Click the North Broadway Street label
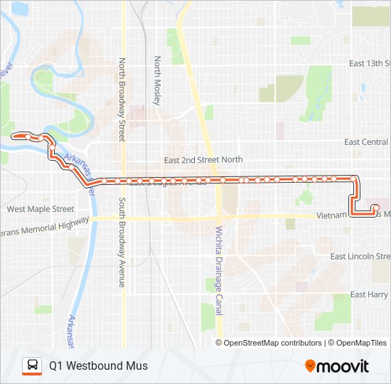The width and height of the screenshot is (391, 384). tap(122, 100)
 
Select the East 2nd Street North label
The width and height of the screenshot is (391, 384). tap(203, 160)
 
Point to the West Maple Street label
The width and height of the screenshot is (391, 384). tap(40, 209)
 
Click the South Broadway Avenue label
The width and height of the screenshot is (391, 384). tap(122, 242)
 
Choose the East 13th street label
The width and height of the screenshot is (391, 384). tap(369, 63)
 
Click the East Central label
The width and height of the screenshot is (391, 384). tap(367, 142)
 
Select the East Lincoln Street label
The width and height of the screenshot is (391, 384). tap(361, 256)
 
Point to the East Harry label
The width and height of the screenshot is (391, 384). tap(369, 294)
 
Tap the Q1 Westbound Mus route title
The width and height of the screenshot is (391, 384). tap(98, 366)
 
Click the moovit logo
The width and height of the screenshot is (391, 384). tap(337, 366)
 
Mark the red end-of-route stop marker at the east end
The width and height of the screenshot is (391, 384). tap(375, 208)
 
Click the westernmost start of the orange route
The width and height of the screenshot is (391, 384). tap(14, 134)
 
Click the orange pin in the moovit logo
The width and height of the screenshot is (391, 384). tap(311, 366)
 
